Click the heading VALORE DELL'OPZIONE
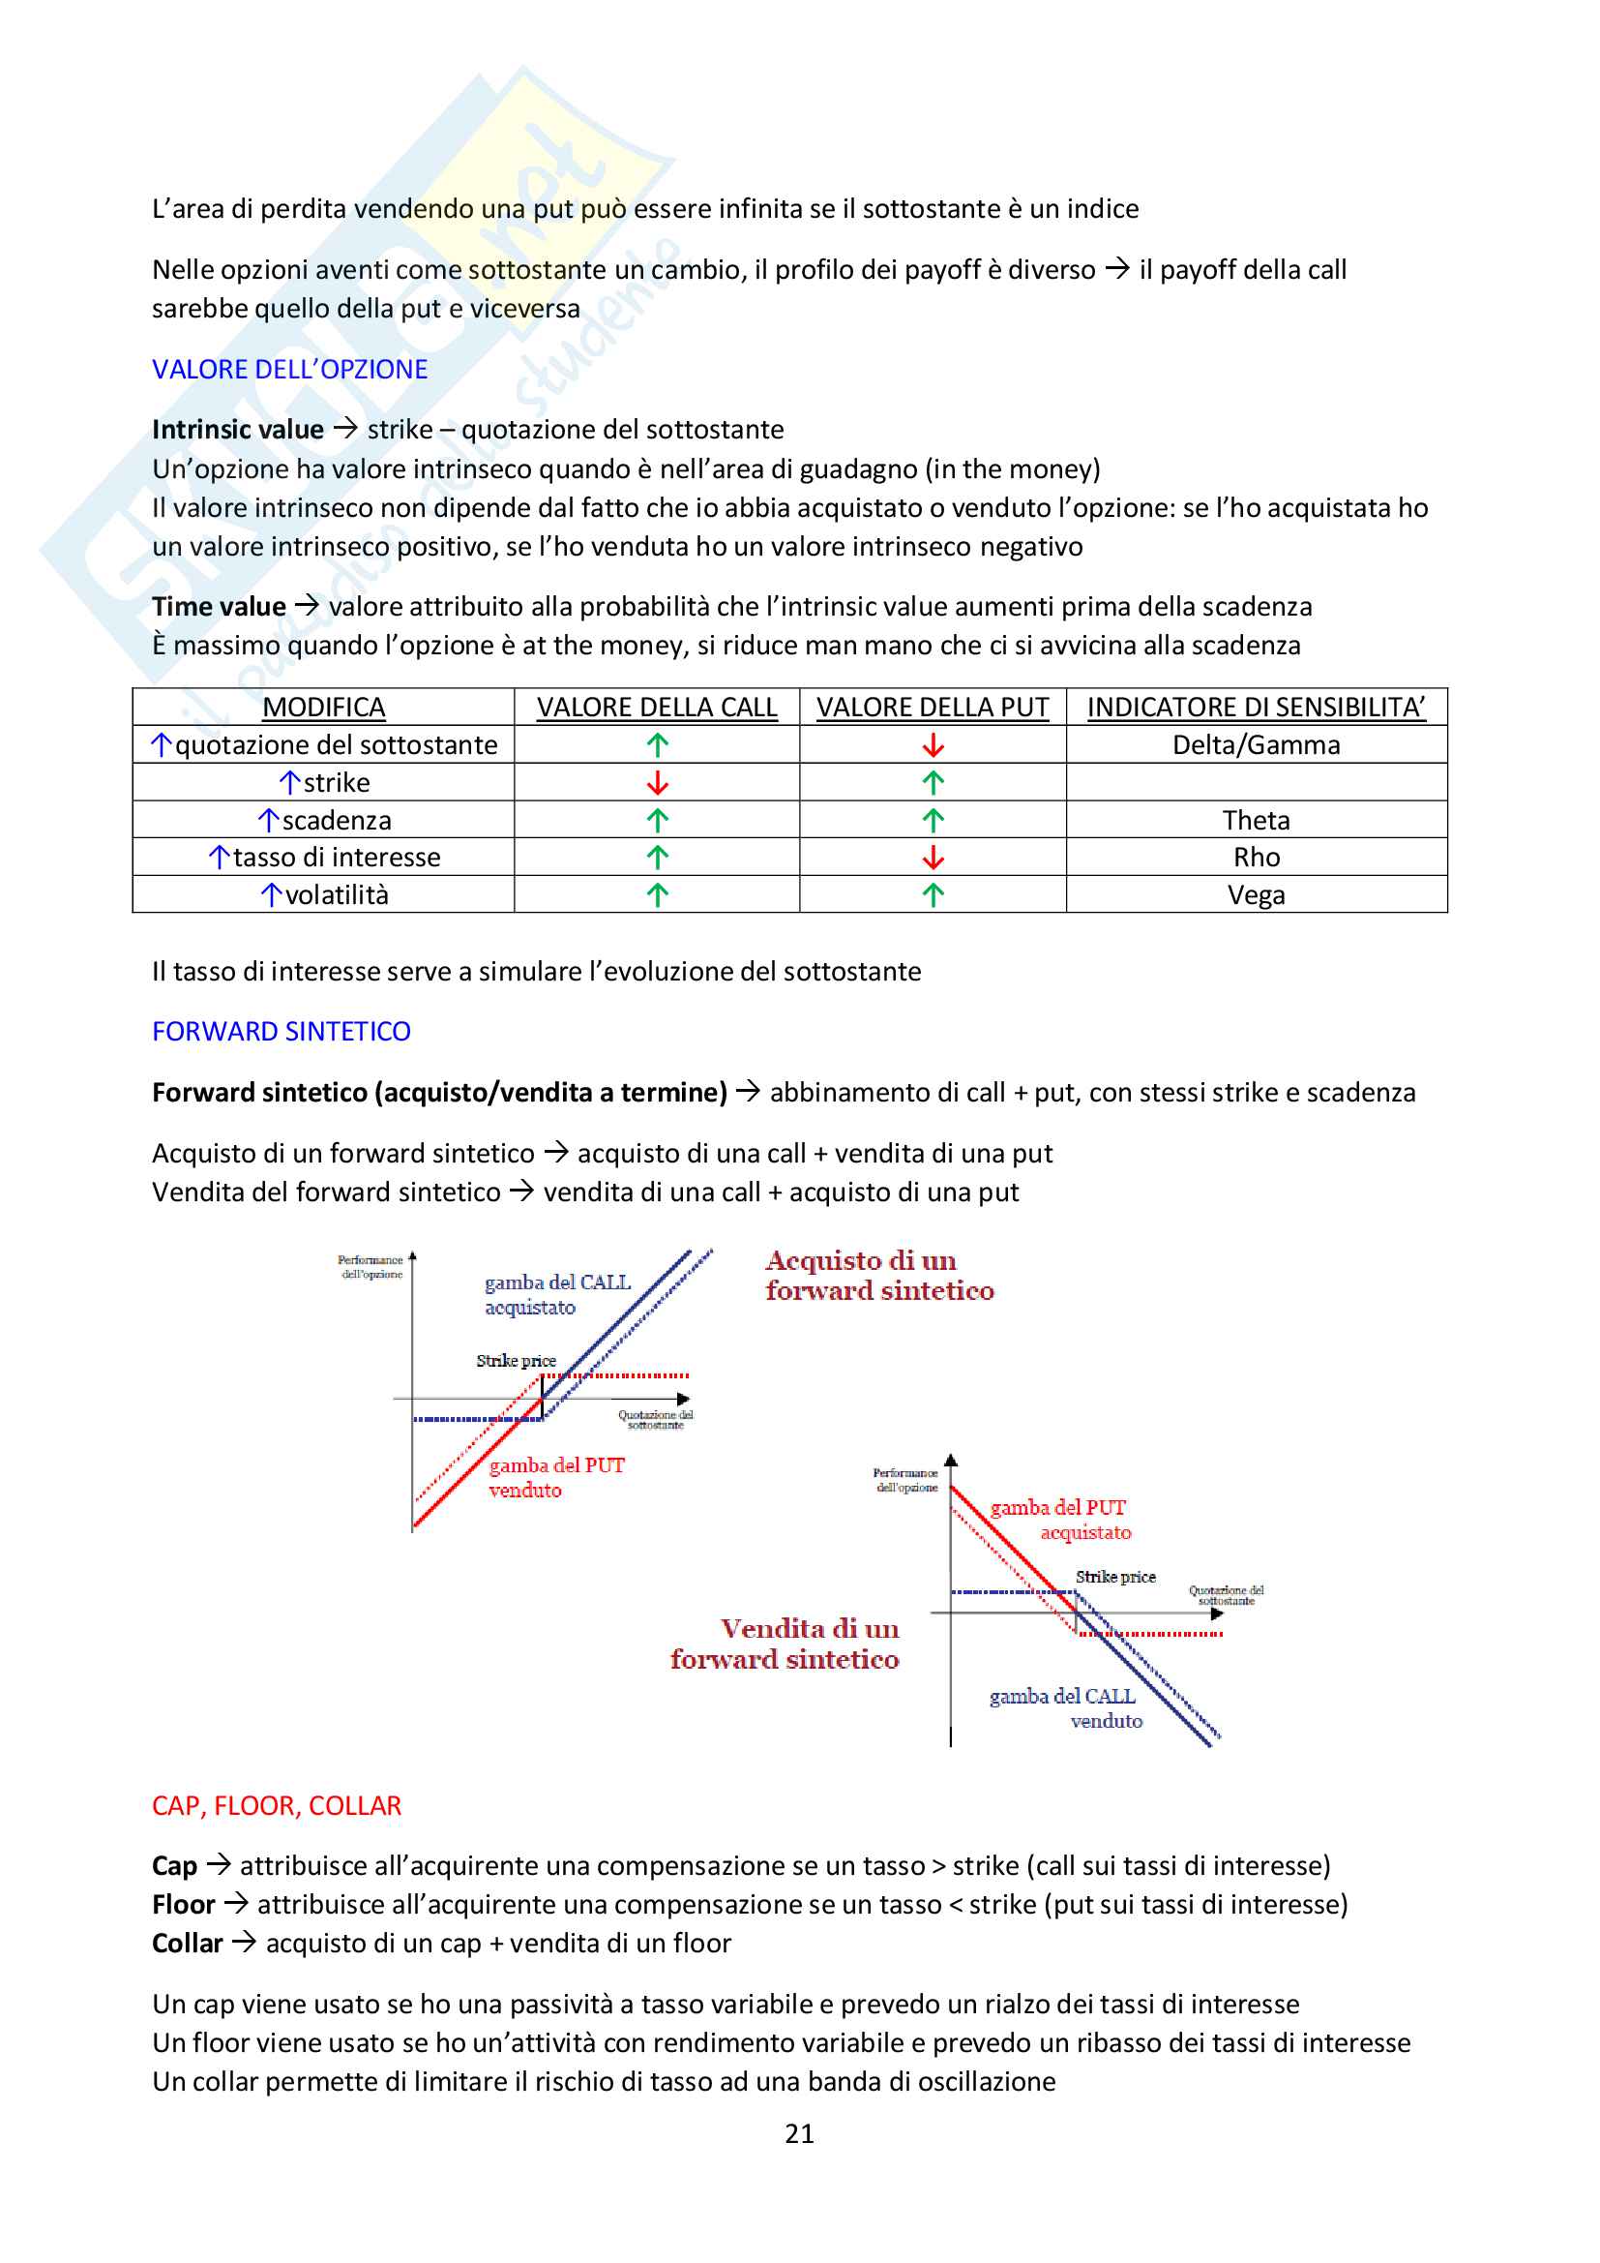289,370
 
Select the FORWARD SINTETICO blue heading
281,1031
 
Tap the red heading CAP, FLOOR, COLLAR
277,1806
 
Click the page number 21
799,2134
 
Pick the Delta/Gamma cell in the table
1256,745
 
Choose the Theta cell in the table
1256,820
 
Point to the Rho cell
1257,858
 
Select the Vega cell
1256,895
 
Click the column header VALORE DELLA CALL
656,708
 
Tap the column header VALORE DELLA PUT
932,708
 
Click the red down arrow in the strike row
657,784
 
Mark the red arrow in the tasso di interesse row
933,859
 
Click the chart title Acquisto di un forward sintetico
878,1276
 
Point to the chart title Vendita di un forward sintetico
786,1644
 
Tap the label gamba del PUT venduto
556,1477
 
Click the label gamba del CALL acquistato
556,1294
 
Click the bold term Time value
219,607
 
